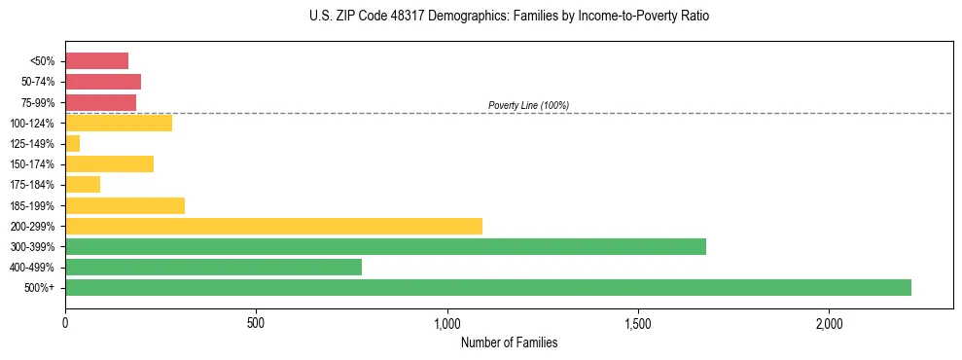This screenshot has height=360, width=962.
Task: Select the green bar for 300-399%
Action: click(385, 246)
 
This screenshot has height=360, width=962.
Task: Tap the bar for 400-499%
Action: click(213, 267)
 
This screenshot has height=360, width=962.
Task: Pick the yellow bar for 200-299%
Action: click(273, 226)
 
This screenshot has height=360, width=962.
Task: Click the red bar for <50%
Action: click(96, 60)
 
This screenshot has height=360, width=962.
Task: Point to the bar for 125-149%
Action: click(73, 143)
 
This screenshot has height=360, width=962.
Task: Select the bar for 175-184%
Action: click(83, 184)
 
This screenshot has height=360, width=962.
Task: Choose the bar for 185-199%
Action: click(125, 205)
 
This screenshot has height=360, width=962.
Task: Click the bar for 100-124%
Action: click(119, 123)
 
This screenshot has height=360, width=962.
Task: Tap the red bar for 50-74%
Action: click(103, 81)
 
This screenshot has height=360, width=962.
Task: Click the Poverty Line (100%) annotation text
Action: click(528, 105)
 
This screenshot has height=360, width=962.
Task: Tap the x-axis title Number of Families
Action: click(509, 342)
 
